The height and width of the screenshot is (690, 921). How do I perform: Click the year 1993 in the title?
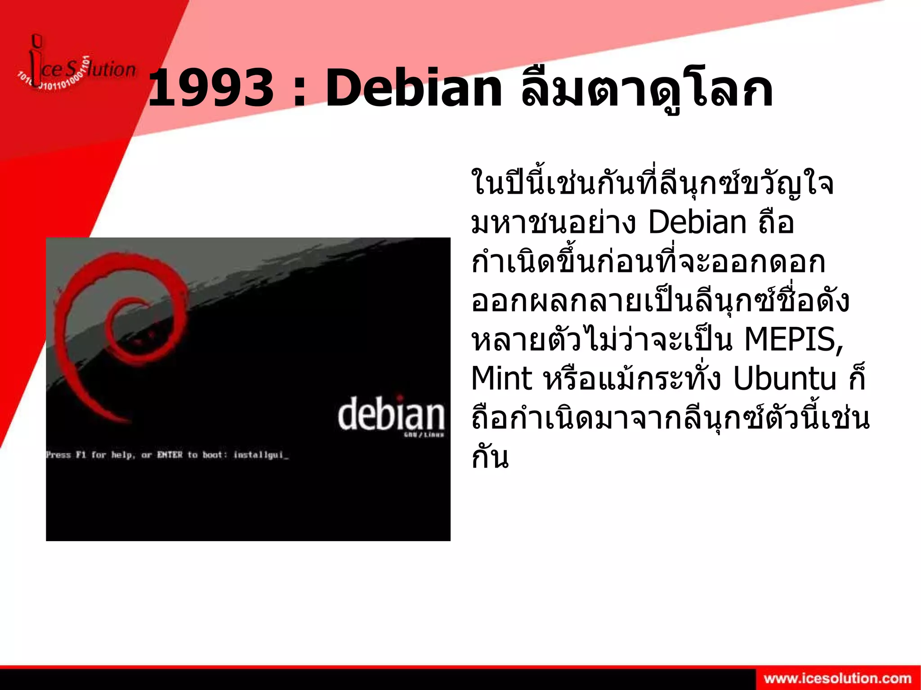[210, 89]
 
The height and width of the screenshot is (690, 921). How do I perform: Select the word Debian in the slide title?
[413, 89]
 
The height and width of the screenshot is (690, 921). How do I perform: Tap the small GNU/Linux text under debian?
[424, 435]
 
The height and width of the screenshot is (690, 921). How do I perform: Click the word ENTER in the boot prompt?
[170, 455]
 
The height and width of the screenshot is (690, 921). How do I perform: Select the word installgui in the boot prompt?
[259, 455]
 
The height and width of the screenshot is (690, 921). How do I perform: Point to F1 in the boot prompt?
[81, 455]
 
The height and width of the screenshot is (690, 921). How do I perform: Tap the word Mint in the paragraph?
[501, 379]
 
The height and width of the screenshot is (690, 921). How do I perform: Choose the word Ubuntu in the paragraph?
[784, 379]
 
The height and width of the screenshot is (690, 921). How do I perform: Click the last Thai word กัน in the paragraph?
[490, 457]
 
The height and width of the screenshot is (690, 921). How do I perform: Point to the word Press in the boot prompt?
[58, 455]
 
